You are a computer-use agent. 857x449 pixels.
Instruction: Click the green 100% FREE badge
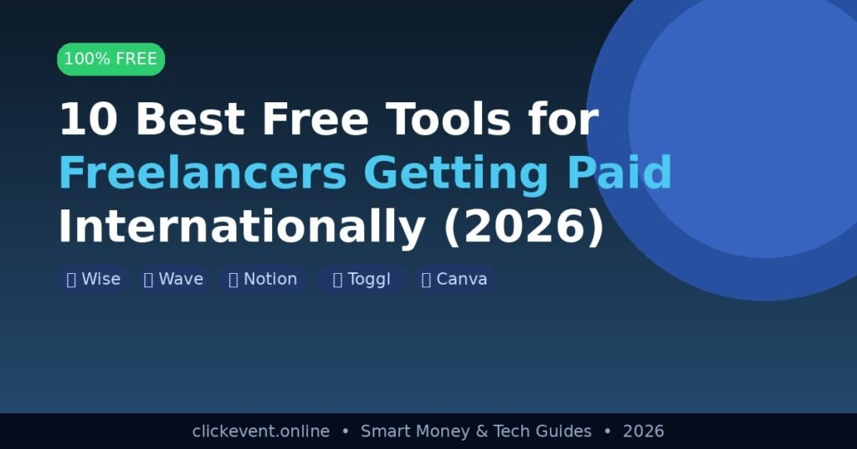click(x=111, y=59)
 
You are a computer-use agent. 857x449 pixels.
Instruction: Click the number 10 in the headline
click(x=88, y=119)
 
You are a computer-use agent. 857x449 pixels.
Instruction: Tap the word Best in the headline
click(x=190, y=119)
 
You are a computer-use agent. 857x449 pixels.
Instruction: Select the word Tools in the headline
click(x=449, y=119)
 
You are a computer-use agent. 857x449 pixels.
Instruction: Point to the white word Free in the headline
click(x=316, y=119)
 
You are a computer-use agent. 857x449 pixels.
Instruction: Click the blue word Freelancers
click(x=203, y=173)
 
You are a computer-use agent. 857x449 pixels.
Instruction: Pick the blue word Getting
click(x=455, y=175)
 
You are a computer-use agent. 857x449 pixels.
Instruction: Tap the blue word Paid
click(x=619, y=173)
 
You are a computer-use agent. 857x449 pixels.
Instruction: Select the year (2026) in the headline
click(x=524, y=227)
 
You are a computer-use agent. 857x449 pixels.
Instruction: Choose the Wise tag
click(x=94, y=279)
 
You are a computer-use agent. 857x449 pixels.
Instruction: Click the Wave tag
click(x=174, y=279)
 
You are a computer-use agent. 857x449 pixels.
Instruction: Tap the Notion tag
click(x=264, y=279)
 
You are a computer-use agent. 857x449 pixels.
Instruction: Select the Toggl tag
click(x=362, y=279)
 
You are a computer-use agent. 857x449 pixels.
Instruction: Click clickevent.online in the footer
click(x=261, y=431)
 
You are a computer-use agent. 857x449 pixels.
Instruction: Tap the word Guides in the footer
click(x=564, y=431)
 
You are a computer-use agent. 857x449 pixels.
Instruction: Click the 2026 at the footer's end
click(x=644, y=431)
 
